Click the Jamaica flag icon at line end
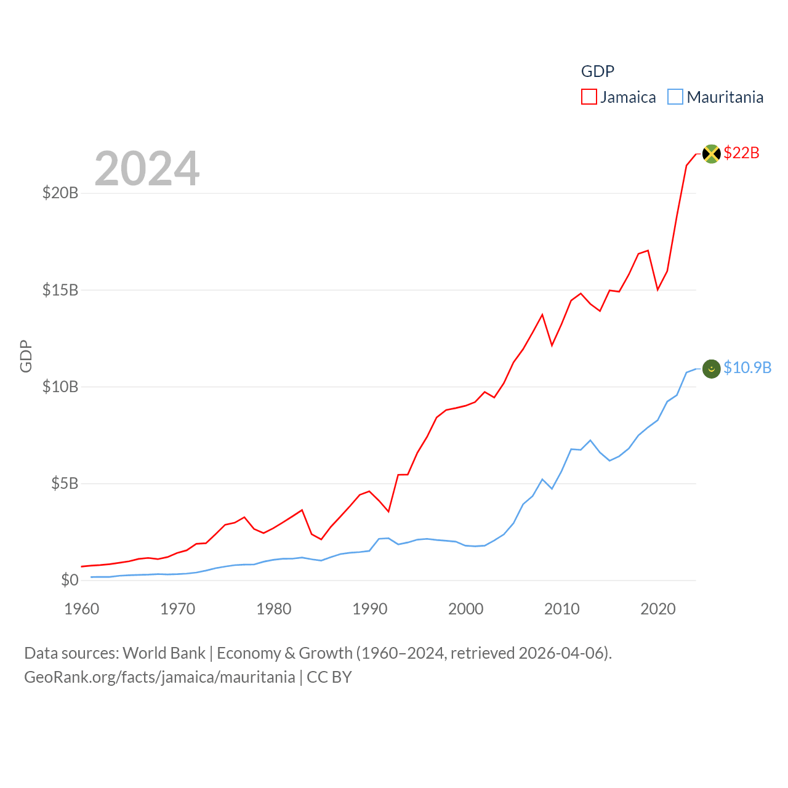pyautogui.click(x=711, y=153)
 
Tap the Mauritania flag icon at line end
pyautogui.click(x=711, y=368)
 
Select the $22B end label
pyautogui.click(x=741, y=153)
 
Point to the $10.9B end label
pyautogui.click(x=747, y=368)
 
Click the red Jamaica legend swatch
pyautogui.click(x=589, y=97)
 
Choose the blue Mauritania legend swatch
pyautogui.click(x=675, y=97)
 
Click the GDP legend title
pyautogui.click(x=597, y=71)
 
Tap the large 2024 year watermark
pyautogui.click(x=147, y=168)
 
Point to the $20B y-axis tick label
pyautogui.click(x=60, y=193)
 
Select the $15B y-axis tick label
pyautogui.click(x=60, y=290)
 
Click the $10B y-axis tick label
pyautogui.click(x=60, y=387)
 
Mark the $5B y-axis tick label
pyautogui.click(x=65, y=483)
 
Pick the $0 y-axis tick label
pyautogui.click(x=70, y=580)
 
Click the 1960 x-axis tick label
pyautogui.click(x=82, y=609)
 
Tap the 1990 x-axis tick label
pyautogui.click(x=369, y=609)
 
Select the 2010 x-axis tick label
pyautogui.click(x=561, y=609)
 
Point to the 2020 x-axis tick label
pyautogui.click(x=657, y=609)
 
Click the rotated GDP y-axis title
pyautogui.click(x=26, y=356)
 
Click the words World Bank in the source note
pyautogui.click(x=164, y=653)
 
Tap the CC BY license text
pyautogui.click(x=329, y=677)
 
